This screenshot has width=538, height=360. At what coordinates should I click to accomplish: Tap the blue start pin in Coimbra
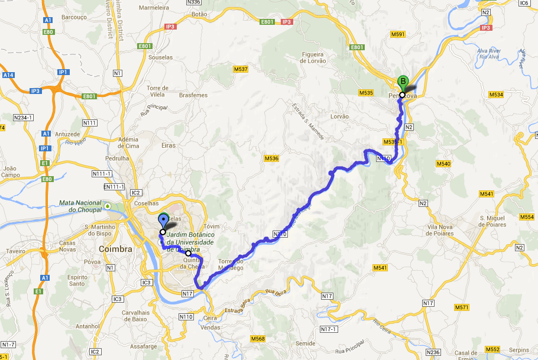163,222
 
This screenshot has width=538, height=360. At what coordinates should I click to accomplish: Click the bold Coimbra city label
115,249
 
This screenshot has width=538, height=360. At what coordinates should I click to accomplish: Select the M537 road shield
241,69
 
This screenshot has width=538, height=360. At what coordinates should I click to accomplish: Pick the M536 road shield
271,158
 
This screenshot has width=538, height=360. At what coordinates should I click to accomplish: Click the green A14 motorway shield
8,76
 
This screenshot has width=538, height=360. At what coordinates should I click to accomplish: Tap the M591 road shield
398,35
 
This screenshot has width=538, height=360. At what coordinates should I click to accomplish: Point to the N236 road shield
433,352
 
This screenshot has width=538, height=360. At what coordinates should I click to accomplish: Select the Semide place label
305,343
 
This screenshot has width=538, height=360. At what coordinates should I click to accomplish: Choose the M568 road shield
258,339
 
